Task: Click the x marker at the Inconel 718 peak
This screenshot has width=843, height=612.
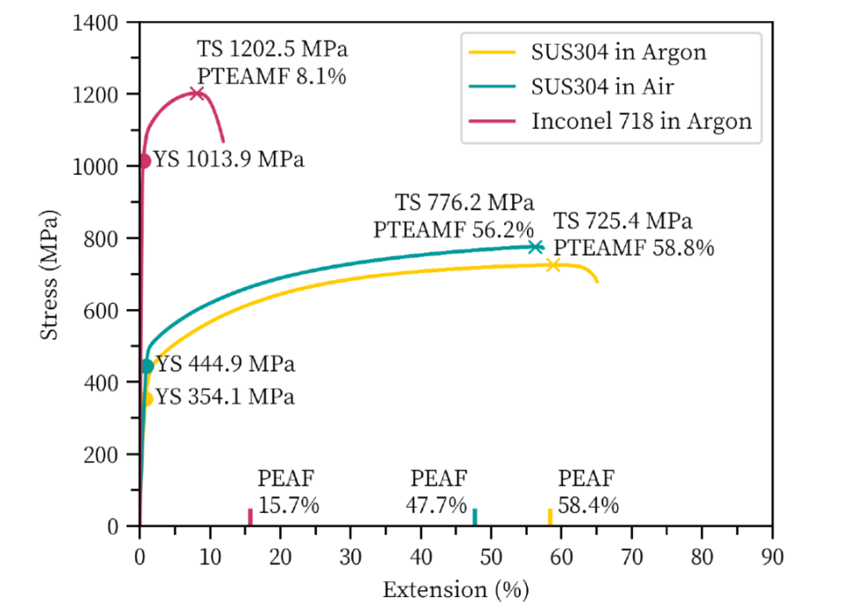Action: [x=197, y=93]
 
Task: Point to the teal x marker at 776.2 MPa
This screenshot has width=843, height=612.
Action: [x=536, y=247]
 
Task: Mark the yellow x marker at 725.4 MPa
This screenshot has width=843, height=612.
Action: [x=552, y=264]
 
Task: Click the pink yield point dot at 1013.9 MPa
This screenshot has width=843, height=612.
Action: [x=144, y=162]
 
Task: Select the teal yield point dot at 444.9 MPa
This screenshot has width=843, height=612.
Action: [x=148, y=366]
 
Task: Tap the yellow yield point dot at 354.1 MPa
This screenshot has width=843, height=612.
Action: [x=147, y=399]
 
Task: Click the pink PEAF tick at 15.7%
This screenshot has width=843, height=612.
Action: [x=250, y=517]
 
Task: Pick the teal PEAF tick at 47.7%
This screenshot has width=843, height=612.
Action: [x=475, y=517]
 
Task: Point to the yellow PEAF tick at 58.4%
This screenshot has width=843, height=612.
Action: [x=550, y=517]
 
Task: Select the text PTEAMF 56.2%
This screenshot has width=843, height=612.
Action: [x=453, y=229]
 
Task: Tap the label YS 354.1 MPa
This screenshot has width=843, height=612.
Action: [x=225, y=397]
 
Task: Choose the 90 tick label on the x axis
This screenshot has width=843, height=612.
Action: [x=772, y=556]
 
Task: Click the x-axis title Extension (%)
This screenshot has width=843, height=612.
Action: [x=455, y=589]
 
